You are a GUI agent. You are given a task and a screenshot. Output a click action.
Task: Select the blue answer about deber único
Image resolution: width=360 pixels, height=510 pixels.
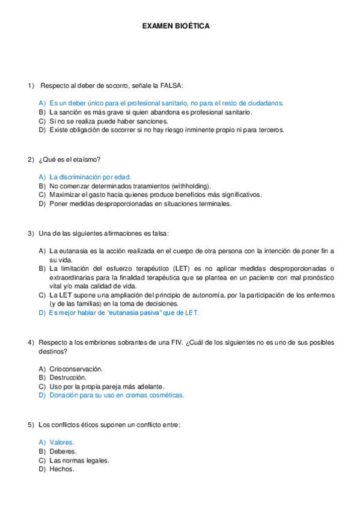pyautogui.click(x=166, y=103)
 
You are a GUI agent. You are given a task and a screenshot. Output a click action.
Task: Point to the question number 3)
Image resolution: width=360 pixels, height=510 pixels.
pyautogui.click(x=31, y=233)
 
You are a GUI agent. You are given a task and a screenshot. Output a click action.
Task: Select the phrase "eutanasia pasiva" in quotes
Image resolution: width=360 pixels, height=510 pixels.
pyautogui.click(x=135, y=313)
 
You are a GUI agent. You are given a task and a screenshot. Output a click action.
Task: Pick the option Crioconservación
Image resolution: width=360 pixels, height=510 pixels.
pyautogui.click(x=76, y=369)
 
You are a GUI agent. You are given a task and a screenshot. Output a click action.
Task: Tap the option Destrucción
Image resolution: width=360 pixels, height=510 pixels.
pyautogui.click(x=67, y=377)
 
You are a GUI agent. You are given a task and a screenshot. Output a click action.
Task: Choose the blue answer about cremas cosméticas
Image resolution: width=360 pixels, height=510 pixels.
pyautogui.click(x=117, y=395)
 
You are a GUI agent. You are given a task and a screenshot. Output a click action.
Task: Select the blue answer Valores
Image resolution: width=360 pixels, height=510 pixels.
pyautogui.click(x=62, y=442)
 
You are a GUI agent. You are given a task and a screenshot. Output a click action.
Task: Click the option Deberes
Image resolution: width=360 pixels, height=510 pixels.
pyautogui.click(x=63, y=451)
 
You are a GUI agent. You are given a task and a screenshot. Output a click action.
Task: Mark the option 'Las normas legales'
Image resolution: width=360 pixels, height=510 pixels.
pyautogui.click(x=79, y=460)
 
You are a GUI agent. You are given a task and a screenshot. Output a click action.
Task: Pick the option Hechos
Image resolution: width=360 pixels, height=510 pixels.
pyautogui.click(x=62, y=469)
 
